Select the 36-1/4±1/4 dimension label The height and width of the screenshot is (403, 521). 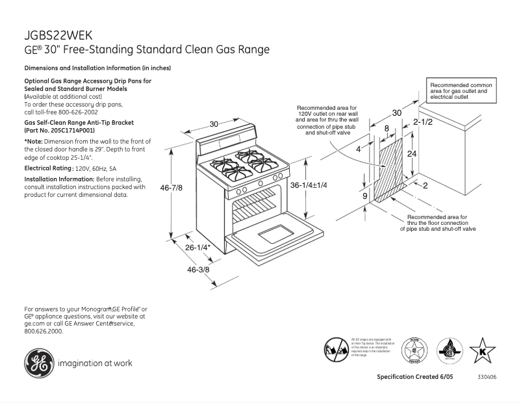(x=309, y=185)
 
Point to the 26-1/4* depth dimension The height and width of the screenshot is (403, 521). (x=199, y=248)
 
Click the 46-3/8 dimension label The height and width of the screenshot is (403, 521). (x=199, y=269)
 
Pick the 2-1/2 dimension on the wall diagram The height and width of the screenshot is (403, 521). (x=422, y=122)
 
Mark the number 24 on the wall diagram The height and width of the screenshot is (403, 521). (x=411, y=154)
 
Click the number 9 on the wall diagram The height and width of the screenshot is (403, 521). (x=364, y=196)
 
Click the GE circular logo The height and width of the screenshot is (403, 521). (x=39, y=363)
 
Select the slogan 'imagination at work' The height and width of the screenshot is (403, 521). (x=95, y=363)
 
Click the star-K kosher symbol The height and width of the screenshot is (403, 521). (x=482, y=351)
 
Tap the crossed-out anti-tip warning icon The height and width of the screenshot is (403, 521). (x=336, y=350)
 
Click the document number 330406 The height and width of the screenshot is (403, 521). (x=487, y=378)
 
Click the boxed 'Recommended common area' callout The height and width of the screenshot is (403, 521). (x=461, y=92)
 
